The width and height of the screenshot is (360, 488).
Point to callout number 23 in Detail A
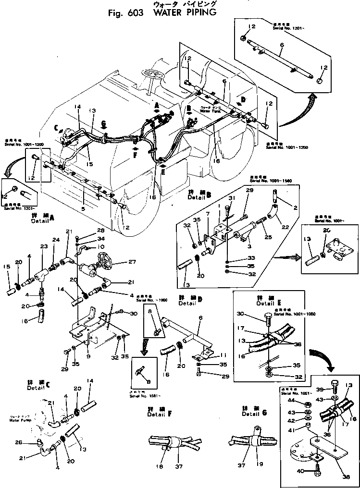(x=45, y=246)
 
